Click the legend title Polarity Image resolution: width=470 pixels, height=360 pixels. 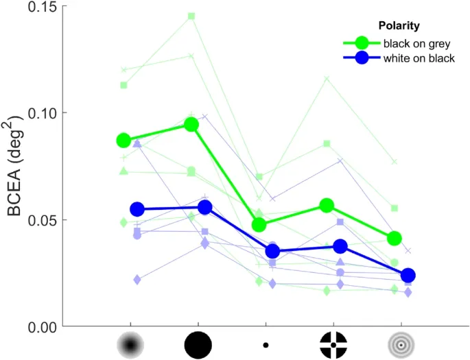click(399, 26)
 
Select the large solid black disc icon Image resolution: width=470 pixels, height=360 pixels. click(198, 344)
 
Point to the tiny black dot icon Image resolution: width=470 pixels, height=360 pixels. click(266, 344)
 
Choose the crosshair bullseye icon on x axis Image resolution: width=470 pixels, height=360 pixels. click(333, 344)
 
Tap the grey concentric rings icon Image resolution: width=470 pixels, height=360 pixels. click(401, 344)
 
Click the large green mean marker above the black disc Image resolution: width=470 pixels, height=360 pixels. click(192, 124)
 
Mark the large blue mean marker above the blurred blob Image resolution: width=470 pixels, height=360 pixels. click(137, 209)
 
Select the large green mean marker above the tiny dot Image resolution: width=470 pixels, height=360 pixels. click(259, 224)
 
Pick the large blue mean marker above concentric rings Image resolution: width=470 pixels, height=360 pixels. click(408, 276)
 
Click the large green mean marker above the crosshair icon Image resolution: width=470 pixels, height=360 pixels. click(327, 205)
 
